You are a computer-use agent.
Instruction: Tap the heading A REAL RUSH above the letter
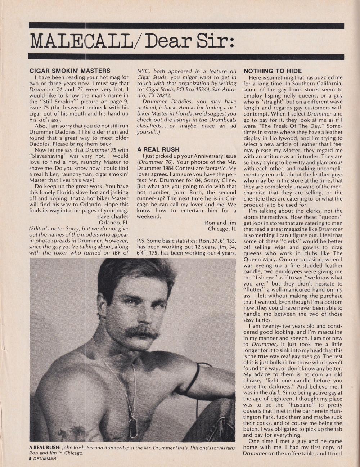(x=158, y=149)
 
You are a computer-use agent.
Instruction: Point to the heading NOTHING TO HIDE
(x=273, y=71)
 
